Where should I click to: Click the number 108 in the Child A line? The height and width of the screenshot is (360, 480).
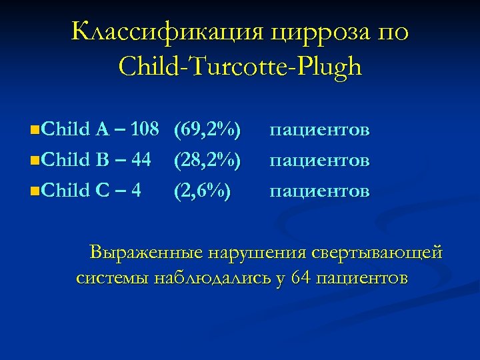(x=144, y=129)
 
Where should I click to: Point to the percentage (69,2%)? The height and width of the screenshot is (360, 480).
(x=207, y=129)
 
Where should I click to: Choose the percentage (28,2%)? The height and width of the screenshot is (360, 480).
(x=207, y=160)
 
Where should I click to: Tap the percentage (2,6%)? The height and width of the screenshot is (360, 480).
(x=202, y=191)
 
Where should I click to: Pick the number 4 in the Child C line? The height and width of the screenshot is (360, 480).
(x=136, y=191)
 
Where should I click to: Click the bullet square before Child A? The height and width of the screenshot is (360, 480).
(x=34, y=129)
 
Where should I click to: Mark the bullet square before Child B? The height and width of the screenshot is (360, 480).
(x=34, y=161)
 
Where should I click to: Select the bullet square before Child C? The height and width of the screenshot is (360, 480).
(x=34, y=192)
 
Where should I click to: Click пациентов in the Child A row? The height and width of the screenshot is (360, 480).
(x=319, y=129)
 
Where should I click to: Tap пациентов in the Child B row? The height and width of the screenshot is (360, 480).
(x=319, y=161)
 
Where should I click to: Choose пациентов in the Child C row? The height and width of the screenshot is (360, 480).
(x=319, y=192)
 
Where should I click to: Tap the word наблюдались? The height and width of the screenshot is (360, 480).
(x=215, y=278)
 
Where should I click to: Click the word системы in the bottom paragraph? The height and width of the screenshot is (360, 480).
(x=113, y=278)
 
